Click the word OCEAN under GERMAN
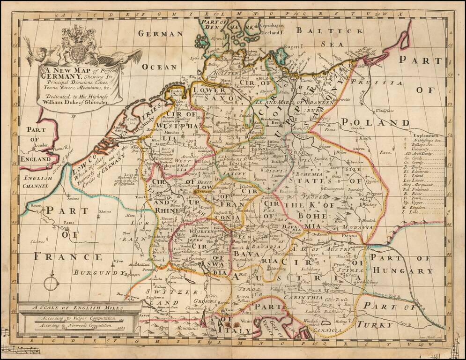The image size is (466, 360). (160, 67)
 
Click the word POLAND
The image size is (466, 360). (375, 122)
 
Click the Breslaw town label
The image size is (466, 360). (357, 162)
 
